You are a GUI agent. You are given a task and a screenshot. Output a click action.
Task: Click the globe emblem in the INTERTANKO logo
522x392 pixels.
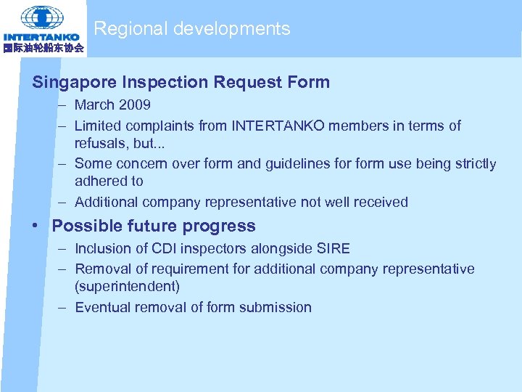41,17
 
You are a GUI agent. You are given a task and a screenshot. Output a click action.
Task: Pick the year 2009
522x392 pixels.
134,105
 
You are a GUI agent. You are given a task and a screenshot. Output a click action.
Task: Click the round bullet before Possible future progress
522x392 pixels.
36,226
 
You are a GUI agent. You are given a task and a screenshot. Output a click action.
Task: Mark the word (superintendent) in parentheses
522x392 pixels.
127,286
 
